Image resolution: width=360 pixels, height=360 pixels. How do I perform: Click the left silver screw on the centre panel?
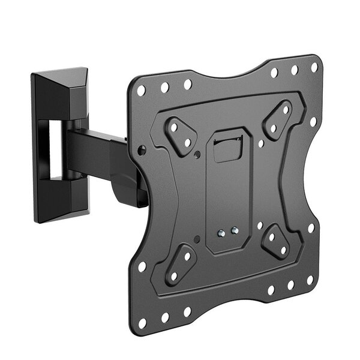223,232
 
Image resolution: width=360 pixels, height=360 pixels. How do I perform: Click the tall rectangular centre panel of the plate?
228,192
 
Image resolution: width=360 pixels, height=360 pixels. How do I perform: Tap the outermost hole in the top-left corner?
142,92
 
